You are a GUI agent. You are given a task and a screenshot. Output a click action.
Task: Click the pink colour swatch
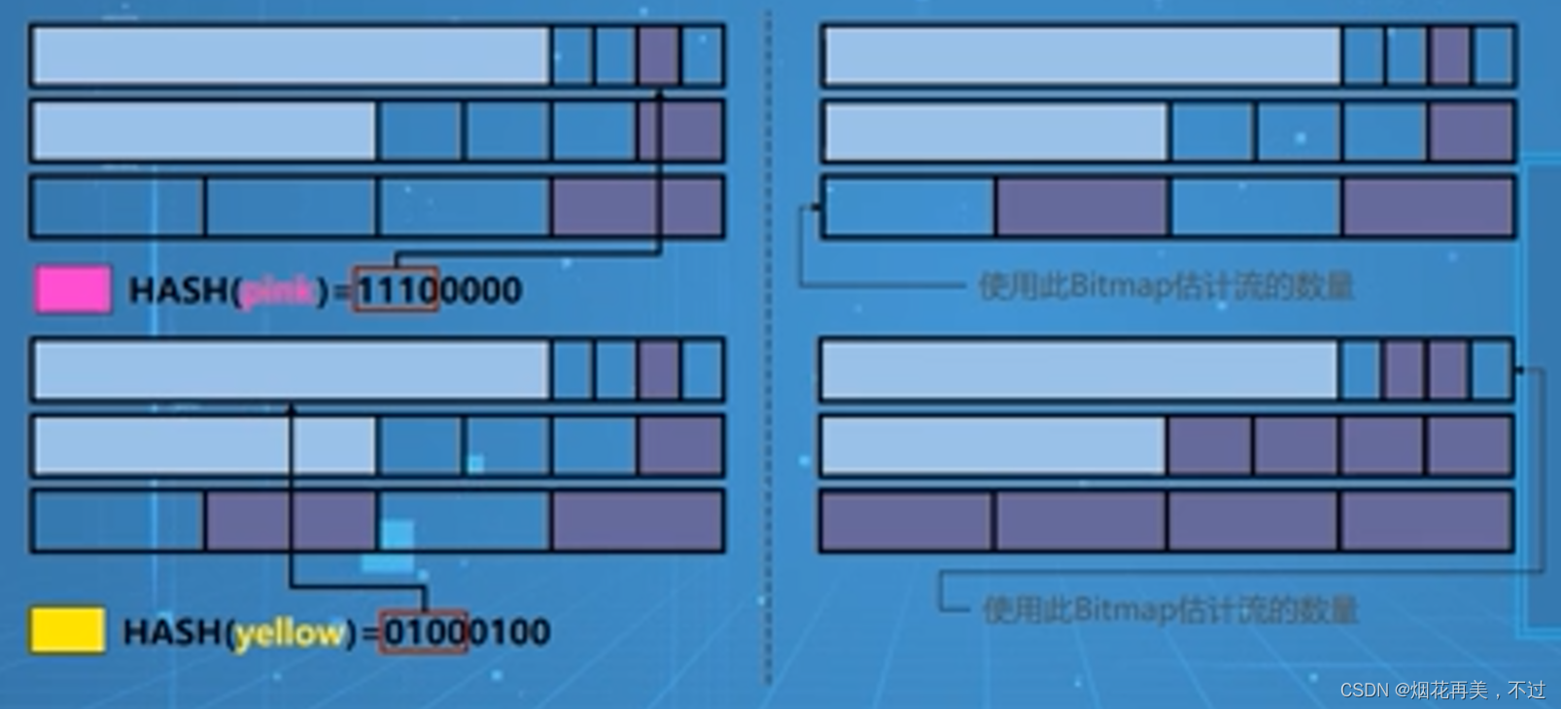click(73, 289)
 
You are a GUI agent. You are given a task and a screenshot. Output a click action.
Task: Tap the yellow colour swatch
click(67, 631)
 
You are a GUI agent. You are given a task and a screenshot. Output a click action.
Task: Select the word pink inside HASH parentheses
click(278, 290)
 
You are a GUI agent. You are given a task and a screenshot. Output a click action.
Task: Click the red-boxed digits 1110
click(396, 289)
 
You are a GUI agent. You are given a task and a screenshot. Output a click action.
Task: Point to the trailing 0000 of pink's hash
click(480, 289)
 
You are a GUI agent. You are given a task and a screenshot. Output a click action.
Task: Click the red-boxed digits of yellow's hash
click(424, 632)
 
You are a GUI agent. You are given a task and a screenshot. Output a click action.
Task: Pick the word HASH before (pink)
click(180, 289)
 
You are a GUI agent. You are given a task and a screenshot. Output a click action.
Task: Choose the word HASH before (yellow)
click(174, 632)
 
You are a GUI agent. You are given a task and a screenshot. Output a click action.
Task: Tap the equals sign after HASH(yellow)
click(369, 633)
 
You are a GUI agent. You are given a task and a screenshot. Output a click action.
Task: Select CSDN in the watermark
click(1365, 690)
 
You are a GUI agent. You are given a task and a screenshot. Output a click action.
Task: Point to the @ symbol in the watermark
click(1402, 690)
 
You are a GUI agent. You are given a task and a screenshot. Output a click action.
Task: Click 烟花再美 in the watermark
click(1449, 690)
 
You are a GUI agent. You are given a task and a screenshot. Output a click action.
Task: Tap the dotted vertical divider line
click(769, 350)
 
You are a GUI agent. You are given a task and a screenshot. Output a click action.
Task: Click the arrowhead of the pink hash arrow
click(660, 94)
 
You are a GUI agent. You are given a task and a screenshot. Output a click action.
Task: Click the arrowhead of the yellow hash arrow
click(290, 409)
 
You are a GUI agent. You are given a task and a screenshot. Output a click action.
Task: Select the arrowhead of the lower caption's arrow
click(1519, 369)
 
